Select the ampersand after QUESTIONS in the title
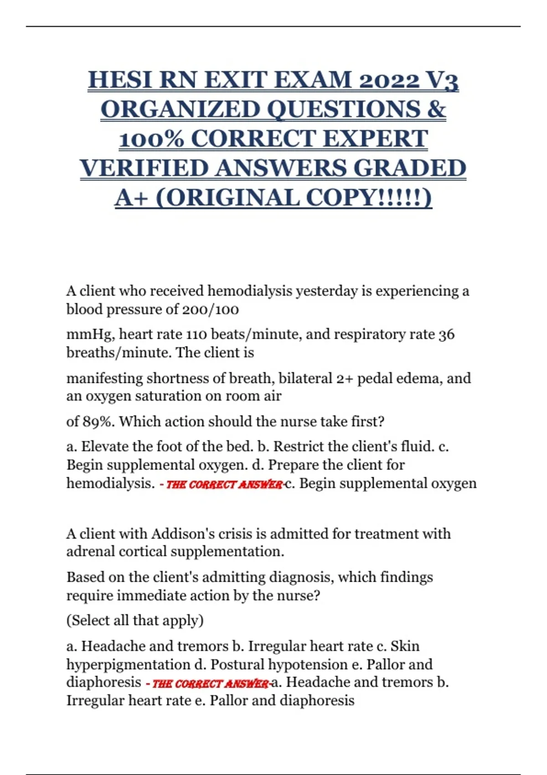point(436,109)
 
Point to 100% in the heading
point(151,139)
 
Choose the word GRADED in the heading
point(410,168)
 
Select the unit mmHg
point(90,335)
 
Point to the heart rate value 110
point(196,335)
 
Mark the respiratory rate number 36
point(446,335)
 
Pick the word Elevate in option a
point(104,446)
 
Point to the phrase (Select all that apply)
point(135,620)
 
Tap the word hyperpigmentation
point(128,665)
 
